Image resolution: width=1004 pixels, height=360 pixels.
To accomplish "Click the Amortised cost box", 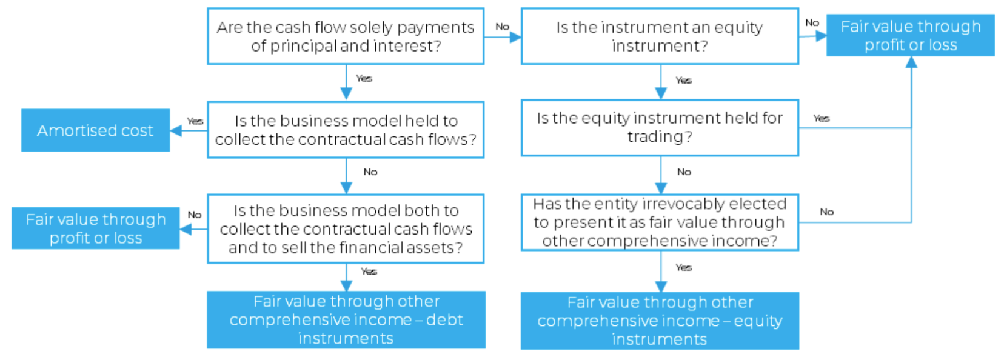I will [x=95, y=130].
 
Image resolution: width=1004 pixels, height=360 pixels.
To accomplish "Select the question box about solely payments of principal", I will [x=346, y=36].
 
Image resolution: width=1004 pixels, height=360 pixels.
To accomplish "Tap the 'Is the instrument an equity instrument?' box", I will [x=660, y=36].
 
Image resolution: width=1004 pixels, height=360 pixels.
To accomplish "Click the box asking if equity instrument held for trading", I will [x=660, y=128].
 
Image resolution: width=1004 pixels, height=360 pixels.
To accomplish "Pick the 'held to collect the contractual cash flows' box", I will [x=346, y=130].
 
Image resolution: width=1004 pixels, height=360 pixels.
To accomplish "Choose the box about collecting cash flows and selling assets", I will [x=346, y=228].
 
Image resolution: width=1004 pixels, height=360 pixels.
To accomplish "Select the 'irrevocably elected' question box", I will [x=660, y=222].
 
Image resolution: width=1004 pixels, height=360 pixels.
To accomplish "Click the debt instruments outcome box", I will [x=346, y=319].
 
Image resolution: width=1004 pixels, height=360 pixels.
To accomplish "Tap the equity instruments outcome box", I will [x=660, y=321].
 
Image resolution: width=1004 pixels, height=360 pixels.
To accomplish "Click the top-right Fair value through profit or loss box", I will [x=910, y=35].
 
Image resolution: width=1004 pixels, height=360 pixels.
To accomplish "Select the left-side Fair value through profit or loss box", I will [x=96, y=228].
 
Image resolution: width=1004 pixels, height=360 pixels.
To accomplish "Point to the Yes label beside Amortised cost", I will [x=195, y=121].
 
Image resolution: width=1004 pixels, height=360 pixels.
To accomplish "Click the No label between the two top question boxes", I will [x=502, y=27].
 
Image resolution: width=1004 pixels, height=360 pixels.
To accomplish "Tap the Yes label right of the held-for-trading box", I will [x=821, y=118].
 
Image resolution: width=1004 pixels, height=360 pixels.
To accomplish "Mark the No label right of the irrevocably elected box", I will [x=826, y=212].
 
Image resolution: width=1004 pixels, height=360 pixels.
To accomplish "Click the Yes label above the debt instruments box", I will [x=369, y=272].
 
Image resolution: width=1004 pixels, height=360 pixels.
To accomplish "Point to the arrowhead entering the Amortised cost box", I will [x=176, y=130].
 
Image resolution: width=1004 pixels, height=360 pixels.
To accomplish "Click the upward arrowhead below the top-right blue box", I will [x=911, y=62].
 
